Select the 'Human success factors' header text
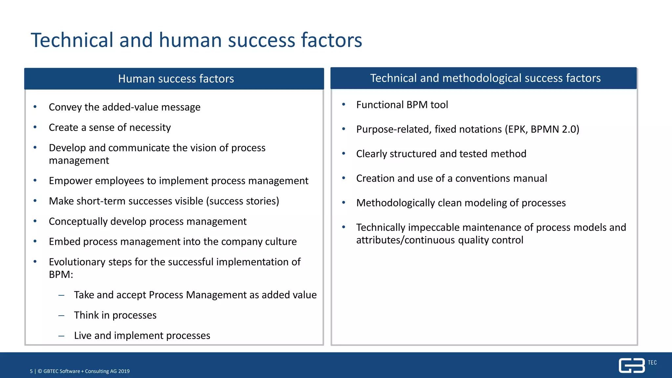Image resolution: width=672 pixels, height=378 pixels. coord(176,79)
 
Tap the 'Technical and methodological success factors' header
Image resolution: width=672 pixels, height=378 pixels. coord(485,78)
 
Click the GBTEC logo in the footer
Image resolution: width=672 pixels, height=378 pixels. coord(632,366)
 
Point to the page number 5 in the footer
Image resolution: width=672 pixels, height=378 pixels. coord(31,371)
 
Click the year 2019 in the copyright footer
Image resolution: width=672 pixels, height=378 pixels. coord(124,371)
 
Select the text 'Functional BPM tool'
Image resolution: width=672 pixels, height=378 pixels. coord(402,105)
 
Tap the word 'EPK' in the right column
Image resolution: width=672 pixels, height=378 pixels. coord(517,129)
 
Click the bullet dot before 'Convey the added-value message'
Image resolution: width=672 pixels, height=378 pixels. coord(35,107)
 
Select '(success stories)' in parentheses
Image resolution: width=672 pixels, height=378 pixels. coord(242,201)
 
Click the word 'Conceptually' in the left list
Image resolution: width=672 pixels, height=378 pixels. coord(78,221)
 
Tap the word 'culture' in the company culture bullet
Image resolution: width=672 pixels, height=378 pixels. coord(281,241)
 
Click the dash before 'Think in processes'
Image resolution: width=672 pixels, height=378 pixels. coord(61,315)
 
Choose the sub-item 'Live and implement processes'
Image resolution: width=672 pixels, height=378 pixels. coord(142,335)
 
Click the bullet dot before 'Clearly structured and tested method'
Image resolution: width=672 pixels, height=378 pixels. coord(344,153)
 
